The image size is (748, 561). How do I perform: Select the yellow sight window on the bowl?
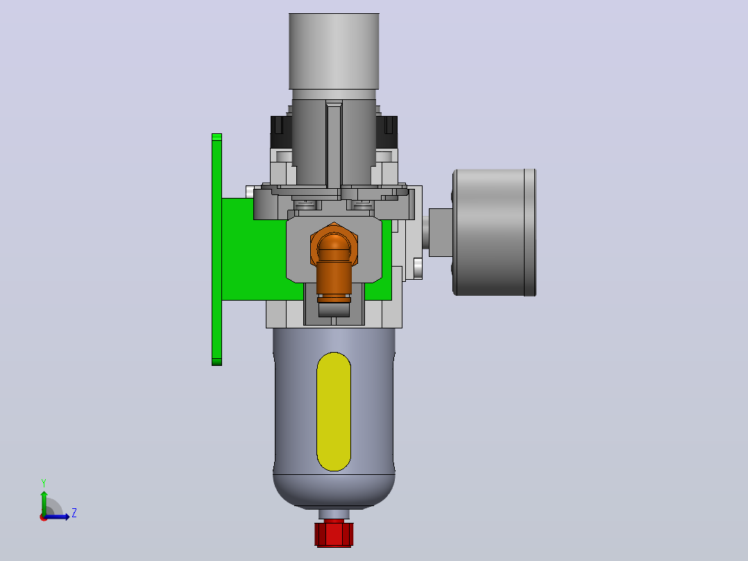(x=334, y=412)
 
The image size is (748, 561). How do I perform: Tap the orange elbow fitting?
(x=334, y=262)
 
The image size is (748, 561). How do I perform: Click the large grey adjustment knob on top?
(x=334, y=51)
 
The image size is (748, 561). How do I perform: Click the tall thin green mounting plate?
(x=216, y=250)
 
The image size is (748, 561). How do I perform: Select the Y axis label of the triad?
(x=44, y=483)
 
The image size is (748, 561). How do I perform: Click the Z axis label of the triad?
(x=74, y=513)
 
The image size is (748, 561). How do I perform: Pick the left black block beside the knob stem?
(x=281, y=132)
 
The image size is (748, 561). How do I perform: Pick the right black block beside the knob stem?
(x=387, y=132)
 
